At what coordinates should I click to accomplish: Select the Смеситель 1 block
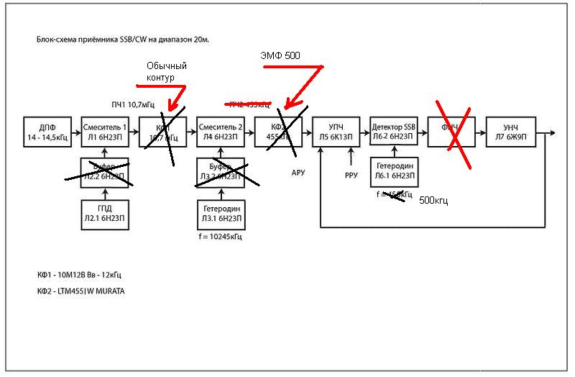(105, 132)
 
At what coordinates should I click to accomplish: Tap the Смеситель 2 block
(221, 132)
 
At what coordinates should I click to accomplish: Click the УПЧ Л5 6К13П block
(336, 132)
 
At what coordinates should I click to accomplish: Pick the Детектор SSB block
(394, 132)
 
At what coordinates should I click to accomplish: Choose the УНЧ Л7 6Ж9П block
(510, 132)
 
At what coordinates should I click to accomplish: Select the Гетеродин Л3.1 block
(221, 214)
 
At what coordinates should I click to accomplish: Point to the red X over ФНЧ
(451, 130)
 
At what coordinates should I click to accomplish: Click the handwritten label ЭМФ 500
(280, 55)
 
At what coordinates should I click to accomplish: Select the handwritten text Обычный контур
(165, 71)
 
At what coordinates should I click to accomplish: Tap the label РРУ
(351, 173)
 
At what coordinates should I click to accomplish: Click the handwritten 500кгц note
(433, 201)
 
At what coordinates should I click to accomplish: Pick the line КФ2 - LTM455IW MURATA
(86, 291)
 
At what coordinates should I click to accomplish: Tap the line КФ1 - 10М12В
(78, 276)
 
